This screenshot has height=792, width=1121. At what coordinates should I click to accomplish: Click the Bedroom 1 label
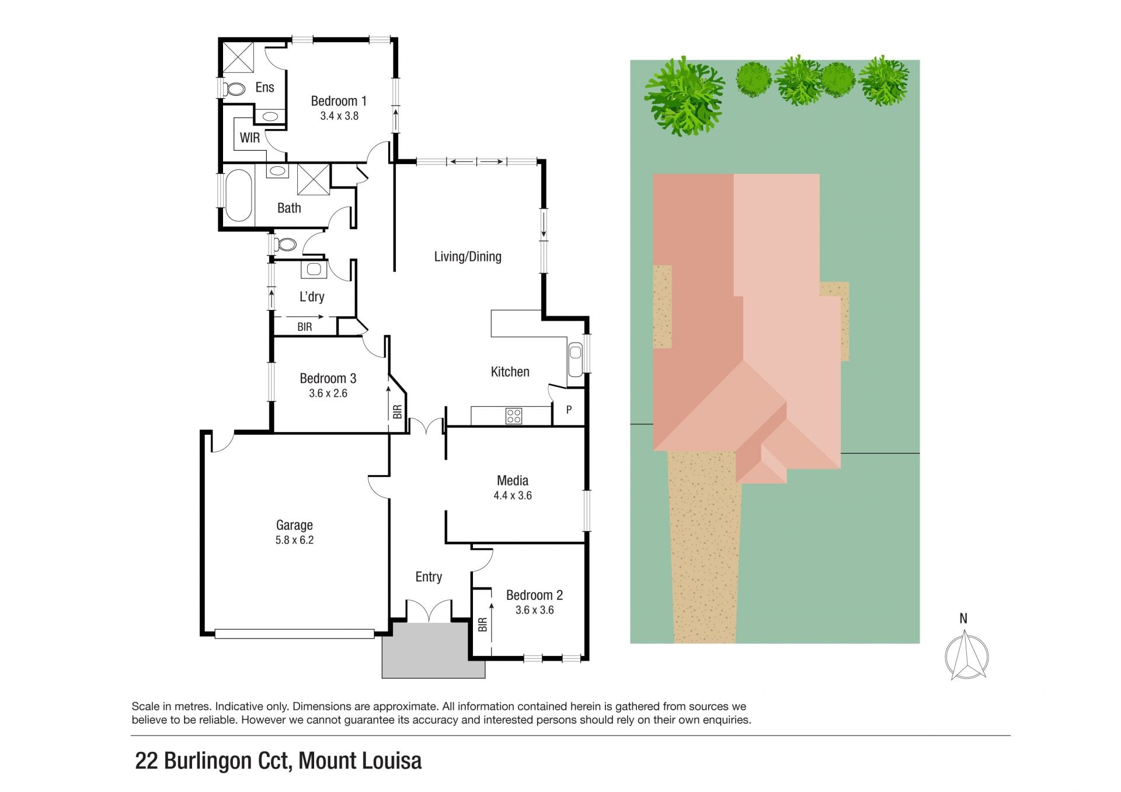[x=339, y=101]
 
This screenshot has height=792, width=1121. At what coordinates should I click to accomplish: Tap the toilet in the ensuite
[x=235, y=89]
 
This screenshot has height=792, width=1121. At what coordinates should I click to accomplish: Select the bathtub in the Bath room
[x=238, y=196]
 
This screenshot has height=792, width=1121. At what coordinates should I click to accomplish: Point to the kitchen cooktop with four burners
[x=514, y=416]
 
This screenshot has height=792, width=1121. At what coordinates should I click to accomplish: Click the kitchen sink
[x=576, y=353]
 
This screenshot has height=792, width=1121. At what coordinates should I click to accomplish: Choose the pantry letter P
[x=569, y=410]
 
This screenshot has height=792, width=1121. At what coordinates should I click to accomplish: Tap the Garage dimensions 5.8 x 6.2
[x=294, y=540]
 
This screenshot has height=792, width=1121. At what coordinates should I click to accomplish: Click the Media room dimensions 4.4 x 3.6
[x=513, y=496]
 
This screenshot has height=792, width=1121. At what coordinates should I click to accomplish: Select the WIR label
[x=250, y=138]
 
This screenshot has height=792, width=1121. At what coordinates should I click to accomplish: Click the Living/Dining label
[x=468, y=257]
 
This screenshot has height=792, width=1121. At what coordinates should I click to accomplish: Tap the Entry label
[x=429, y=577]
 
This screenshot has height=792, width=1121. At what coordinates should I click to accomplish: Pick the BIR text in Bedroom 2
[x=483, y=625]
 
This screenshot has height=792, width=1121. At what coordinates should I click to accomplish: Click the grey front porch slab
[x=433, y=650]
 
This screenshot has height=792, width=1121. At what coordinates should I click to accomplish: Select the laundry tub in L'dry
[x=314, y=269]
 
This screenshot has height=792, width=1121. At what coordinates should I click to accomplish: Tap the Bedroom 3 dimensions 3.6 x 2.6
[x=328, y=393]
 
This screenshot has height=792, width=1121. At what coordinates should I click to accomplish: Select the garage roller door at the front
[x=294, y=633]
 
